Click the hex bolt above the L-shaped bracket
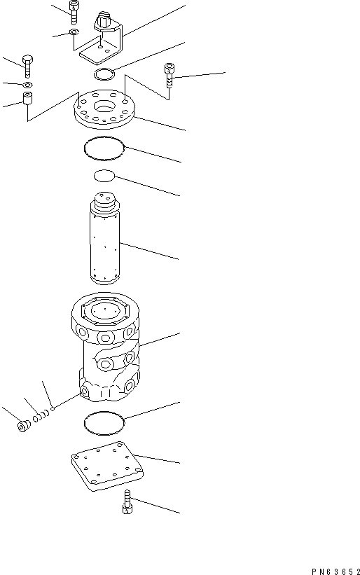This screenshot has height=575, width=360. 74,12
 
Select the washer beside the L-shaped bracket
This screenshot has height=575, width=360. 75,33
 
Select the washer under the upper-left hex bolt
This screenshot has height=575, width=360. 27,85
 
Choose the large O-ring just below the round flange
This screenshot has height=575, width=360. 104,148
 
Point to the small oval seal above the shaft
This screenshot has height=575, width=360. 104,176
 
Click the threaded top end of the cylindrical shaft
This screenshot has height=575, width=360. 104,202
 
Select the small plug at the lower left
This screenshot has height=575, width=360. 23,426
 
